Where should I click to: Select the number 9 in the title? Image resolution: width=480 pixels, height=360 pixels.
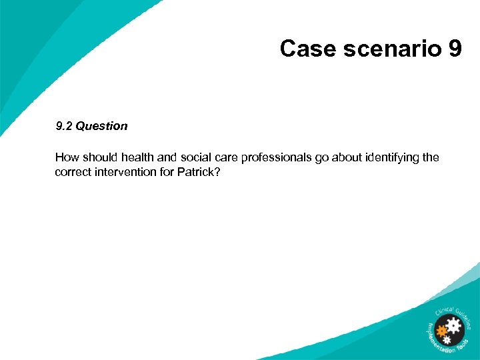[x=455, y=49]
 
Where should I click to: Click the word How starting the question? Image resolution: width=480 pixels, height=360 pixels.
[x=66, y=157]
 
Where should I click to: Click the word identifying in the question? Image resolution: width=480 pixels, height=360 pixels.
[x=396, y=157]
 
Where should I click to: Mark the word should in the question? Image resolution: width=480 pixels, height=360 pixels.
[x=98, y=157]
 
